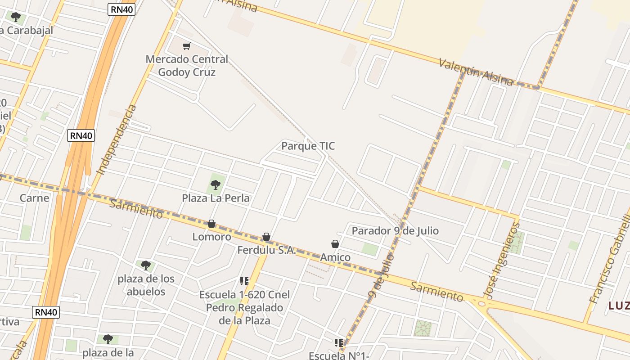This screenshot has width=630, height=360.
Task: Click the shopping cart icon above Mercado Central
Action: (186, 46)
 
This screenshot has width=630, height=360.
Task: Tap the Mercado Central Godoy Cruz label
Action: (187, 66)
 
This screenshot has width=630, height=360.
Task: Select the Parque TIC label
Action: (308, 146)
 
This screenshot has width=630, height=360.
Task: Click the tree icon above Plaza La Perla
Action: (216, 184)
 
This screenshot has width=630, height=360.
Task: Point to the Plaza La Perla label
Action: (216, 198)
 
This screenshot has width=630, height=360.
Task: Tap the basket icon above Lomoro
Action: (211, 224)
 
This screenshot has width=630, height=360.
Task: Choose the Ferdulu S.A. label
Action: (266, 250)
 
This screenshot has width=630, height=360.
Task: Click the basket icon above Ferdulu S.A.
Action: (266, 237)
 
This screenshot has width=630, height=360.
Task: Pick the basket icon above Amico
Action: (335, 244)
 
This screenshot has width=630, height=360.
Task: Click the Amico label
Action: (335, 257)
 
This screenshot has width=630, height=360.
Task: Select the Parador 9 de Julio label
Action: (395, 231)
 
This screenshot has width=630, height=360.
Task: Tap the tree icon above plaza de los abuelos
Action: (145, 265)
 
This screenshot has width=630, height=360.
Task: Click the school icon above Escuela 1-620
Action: (244, 281)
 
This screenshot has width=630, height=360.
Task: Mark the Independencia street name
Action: (117, 139)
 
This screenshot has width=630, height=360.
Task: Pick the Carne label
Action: (34, 198)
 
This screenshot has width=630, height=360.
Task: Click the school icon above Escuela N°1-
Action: (339, 343)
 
